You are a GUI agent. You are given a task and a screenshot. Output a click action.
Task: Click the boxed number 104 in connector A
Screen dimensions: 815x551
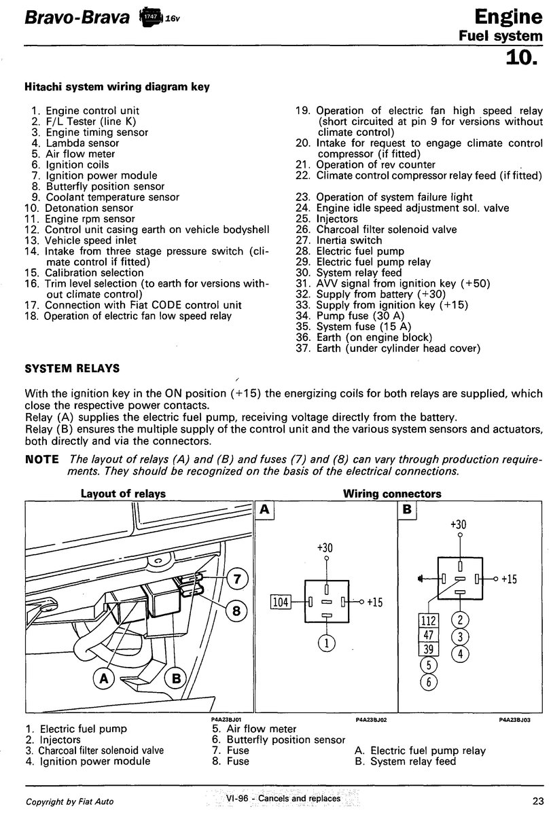click(281, 602)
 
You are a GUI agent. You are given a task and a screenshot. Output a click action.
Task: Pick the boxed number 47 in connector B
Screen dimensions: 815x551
click(429, 636)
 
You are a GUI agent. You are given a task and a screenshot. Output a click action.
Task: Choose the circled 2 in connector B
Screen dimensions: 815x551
click(460, 619)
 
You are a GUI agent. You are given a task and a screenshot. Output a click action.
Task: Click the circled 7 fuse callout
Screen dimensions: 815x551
click(236, 579)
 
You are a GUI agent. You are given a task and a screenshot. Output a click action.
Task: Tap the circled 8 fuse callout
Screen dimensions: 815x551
click(236, 611)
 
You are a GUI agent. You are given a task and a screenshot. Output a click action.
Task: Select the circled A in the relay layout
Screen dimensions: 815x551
click(105, 676)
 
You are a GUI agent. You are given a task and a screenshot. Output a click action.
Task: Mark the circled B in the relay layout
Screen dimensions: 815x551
click(175, 676)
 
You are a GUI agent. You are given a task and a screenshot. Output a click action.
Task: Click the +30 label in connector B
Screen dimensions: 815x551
click(459, 524)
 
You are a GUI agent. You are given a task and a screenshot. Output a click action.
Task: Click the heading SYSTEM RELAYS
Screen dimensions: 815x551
click(72, 368)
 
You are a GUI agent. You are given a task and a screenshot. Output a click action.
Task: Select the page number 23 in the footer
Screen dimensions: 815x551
click(535, 799)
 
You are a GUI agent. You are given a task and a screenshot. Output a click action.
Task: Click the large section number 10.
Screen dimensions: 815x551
click(525, 58)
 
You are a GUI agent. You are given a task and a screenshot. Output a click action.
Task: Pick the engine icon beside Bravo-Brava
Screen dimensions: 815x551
click(152, 16)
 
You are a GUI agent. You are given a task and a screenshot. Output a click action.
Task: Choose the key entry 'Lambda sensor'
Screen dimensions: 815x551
click(82, 143)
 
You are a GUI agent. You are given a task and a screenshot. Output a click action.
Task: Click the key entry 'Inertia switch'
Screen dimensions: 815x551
click(349, 240)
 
